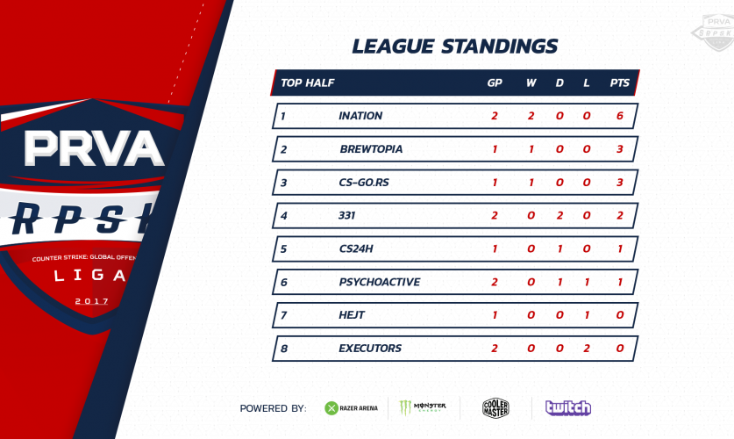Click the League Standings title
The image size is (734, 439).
click(454, 47)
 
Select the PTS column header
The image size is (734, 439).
click(620, 83)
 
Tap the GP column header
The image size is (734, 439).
click(495, 83)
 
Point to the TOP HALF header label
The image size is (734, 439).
click(308, 83)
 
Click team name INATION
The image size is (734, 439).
click(360, 116)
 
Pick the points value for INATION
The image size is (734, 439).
click(620, 116)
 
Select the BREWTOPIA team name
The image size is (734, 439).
click(371, 149)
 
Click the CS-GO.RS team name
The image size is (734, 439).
click(364, 183)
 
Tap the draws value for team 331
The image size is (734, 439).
click(559, 215)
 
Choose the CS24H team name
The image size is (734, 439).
click(356, 248)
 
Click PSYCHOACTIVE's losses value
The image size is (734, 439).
click(587, 282)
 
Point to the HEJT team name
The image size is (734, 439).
click(352, 315)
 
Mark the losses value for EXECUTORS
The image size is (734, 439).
click(587, 348)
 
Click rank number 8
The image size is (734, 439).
click(283, 349)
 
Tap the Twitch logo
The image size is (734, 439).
click(568, 408)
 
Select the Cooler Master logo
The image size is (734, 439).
click(495, 408)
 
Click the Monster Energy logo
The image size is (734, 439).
click(422, 407)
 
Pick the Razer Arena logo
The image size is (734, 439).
click(351, 408)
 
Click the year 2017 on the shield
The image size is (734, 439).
click(92, 301)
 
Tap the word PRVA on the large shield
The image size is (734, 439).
click(94, 148)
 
